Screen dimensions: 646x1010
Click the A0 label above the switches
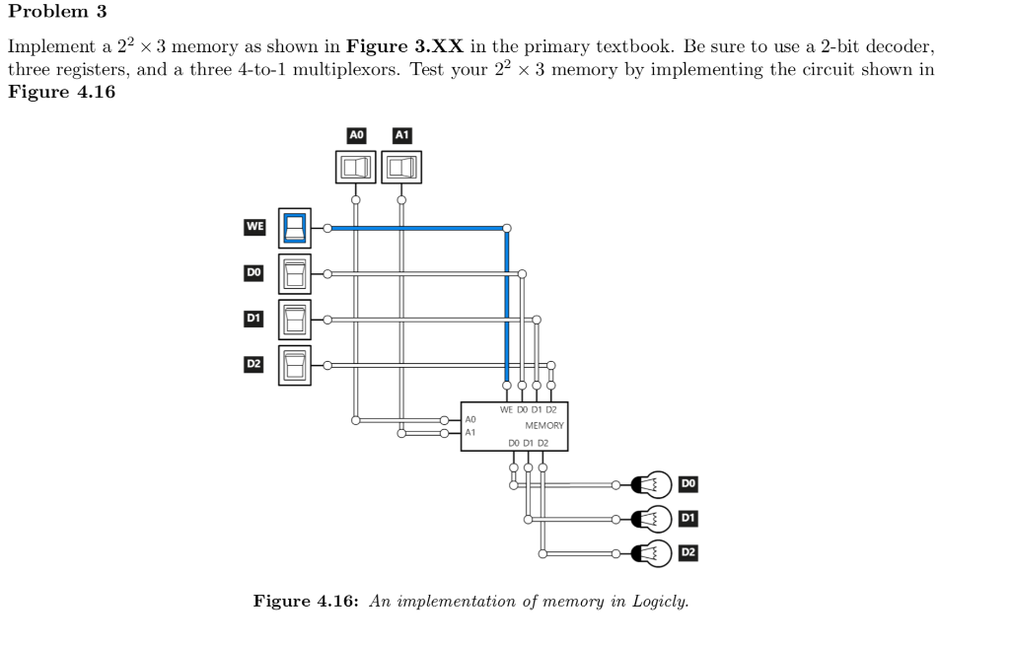point(357,134)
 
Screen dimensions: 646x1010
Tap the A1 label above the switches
point(402,134)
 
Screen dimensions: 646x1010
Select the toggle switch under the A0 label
point(356,168)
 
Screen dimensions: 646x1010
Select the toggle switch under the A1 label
point(401,168)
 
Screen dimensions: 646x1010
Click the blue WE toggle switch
point(295,228)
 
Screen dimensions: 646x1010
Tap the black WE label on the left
point(254,227)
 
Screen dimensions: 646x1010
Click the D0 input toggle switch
point(295,273)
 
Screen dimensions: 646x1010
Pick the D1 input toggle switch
point(295,319)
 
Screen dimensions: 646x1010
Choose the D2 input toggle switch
point(295,365)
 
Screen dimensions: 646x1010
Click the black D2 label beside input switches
point(253,364)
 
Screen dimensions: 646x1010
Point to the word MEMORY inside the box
point(544,425)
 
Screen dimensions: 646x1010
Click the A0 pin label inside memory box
point(470,419)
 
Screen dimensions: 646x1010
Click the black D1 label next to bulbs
point(688,518)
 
